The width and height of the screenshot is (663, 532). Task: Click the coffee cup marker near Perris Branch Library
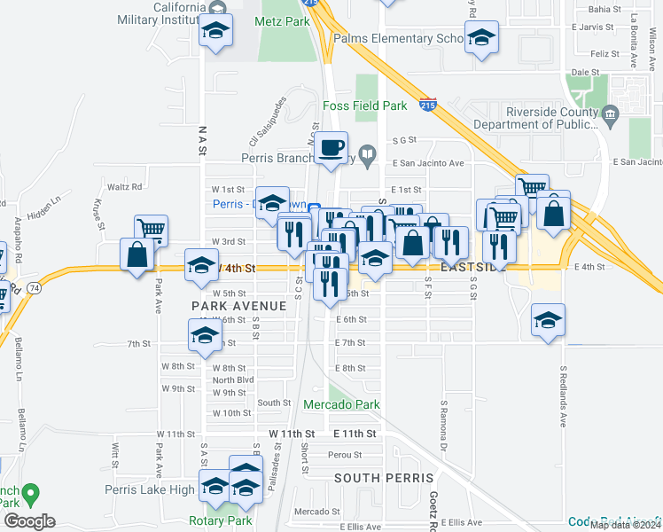331,148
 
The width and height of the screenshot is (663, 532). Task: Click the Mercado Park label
341,404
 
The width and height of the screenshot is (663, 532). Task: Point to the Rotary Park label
214,520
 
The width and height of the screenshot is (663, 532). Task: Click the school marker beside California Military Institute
214,32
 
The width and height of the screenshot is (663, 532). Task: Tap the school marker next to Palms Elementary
481,38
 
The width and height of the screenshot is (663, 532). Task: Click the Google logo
29,521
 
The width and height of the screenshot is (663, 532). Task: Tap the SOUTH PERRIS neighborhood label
370,477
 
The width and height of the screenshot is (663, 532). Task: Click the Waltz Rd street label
125,187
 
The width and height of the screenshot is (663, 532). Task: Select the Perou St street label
339,454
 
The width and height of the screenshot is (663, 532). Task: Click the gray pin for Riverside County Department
609,113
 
